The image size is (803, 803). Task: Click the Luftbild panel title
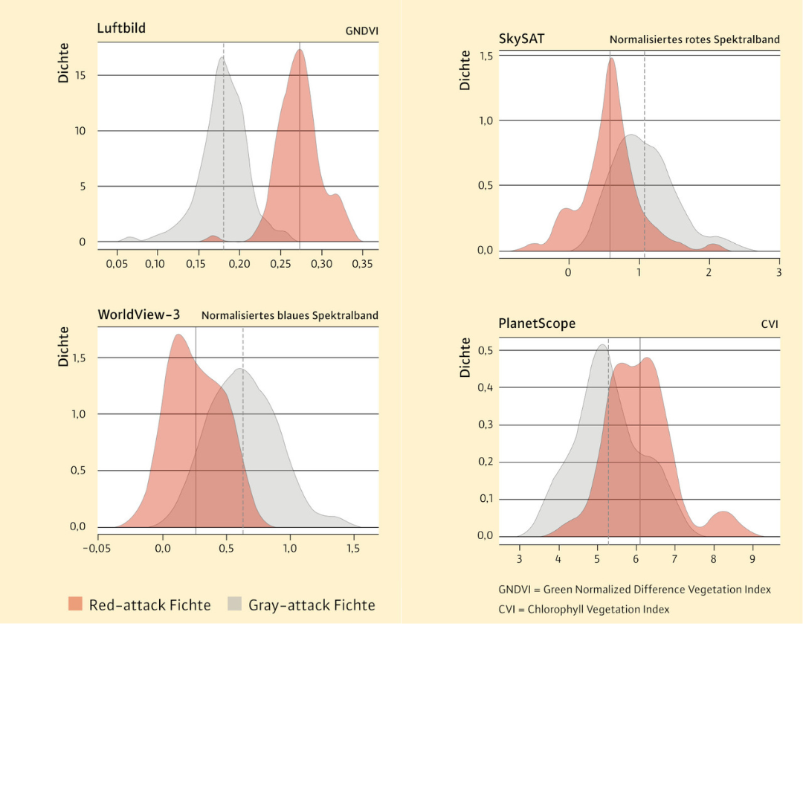[x=121, y=29]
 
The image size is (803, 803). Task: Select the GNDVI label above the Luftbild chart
[x=361, y=31]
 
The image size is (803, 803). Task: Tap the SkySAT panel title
[x=521, y=38]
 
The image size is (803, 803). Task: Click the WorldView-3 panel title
[x=138, y=315]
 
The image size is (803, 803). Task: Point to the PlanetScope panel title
[x=537, y=323]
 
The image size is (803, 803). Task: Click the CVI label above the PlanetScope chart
[x=770, y=324]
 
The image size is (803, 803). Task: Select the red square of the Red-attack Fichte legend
[x=75, y=604]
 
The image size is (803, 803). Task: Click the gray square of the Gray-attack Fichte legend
[x=235, y=604]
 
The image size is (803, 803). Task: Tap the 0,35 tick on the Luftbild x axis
[x=361, y=264]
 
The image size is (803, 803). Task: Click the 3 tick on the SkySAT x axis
[x=778, y=272]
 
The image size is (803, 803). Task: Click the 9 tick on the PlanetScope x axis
[x=752, y=558]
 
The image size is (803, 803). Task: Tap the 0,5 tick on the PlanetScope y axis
[x=486, y=350]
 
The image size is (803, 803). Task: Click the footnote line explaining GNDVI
[x=634, y=590]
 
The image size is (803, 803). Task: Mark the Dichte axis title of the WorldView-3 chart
[x=64, y=346]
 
